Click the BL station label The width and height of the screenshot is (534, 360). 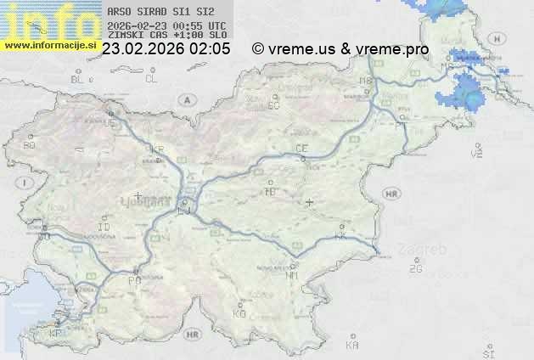click(78, 79)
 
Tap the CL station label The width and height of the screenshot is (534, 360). click(151, 79)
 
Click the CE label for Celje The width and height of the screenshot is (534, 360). click(301, 149)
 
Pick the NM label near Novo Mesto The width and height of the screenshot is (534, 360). click(293, 275)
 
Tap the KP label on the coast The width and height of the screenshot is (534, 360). click(56, 334)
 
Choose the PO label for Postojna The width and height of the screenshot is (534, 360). click(133, 279)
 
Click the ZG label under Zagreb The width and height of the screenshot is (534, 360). click(415, 269)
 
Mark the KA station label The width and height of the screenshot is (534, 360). click(352, 346)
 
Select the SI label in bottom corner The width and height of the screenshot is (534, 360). click(488, 352)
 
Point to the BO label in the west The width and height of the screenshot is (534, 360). click(29, 145)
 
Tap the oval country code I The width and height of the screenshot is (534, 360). click(26, 183)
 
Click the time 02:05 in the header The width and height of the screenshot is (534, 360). click(210, 49)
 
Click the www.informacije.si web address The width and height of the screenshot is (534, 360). click(50, 44)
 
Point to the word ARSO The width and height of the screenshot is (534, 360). click(120, 12)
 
